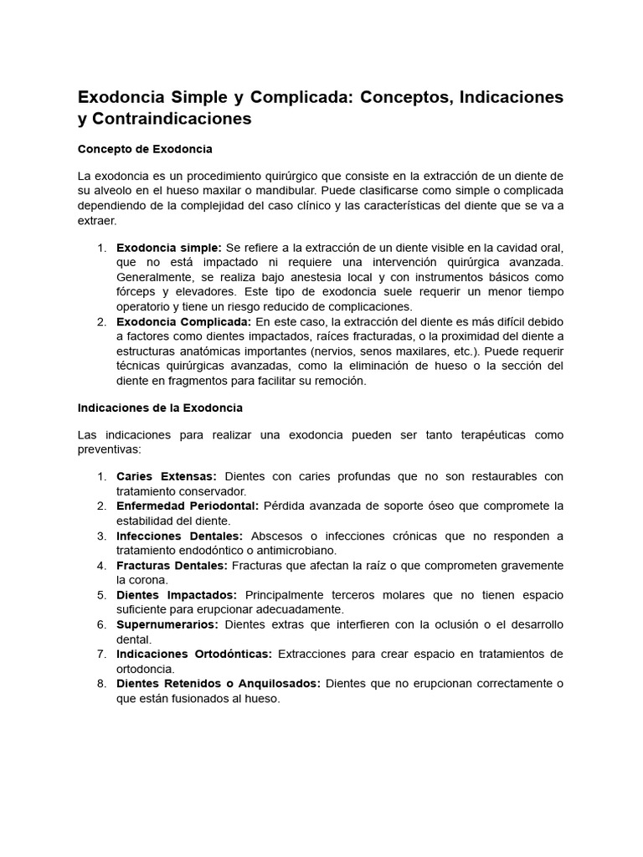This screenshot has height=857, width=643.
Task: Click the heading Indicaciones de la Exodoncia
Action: (x=160, y=408)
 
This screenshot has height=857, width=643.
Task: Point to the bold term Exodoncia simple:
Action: (x=169, y=247)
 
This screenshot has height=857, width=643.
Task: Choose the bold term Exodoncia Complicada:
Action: (x=183, y=321)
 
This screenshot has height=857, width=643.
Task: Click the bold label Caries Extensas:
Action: (x=167, y=476)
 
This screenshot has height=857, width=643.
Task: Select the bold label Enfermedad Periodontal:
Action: (x=188, y=505)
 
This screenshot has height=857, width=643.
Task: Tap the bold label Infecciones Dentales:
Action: (x=179, y=536)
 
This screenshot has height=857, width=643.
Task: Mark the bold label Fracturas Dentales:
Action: (x=172, y=565)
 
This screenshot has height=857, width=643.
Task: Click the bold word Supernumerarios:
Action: (x=167, y=624)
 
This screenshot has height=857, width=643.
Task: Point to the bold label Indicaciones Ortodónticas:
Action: (x=194, y=654)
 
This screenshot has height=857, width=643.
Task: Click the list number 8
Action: (x=100, y=683)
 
